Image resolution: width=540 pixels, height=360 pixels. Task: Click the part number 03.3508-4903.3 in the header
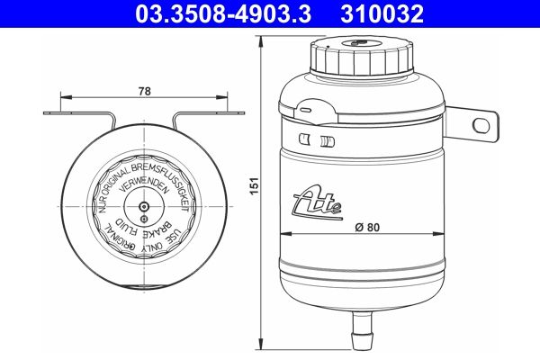point(226,13)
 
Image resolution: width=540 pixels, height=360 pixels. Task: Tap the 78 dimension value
point(145,90)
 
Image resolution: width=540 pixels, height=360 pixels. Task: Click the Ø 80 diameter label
point(367,227)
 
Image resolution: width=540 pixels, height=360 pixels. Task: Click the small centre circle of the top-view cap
point(145,205)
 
